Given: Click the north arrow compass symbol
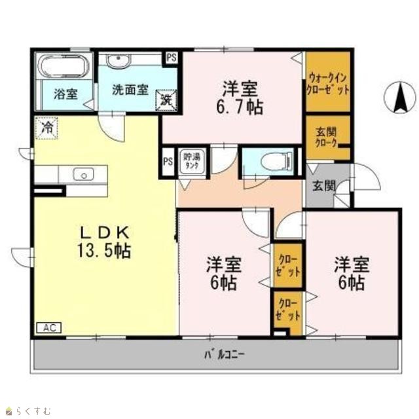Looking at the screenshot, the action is (400, 98).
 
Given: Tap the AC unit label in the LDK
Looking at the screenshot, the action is (49, 327).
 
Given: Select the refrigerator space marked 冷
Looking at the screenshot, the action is (46, 128).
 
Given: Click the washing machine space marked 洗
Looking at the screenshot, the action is (166, 100).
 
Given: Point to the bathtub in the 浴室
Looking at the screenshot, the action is (64, 67).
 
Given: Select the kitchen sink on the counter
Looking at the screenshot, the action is (83, 175).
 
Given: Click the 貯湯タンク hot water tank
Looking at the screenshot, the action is (192, 162).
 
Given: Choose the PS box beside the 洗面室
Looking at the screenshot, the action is (172, 58).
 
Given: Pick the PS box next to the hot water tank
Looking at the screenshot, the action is (168, 162).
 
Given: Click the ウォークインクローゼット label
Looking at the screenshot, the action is (328, 84).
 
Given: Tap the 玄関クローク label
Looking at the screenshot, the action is (326, 138).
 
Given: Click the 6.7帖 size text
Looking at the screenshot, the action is (240, 107).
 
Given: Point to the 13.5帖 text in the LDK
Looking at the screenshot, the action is (104, 251).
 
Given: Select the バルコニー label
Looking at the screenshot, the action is (225, 355).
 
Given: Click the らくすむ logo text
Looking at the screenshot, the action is (33, 410).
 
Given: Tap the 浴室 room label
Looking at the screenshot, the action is (65, 94).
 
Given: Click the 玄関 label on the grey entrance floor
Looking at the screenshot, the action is (324, 186).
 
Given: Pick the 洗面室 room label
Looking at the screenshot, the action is (130, 90).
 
